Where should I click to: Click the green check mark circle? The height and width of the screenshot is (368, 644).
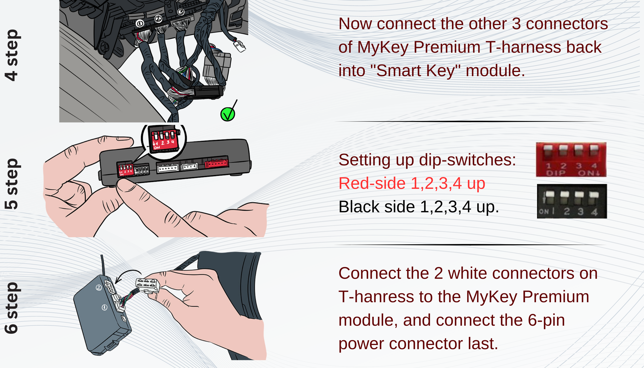coord(227,115)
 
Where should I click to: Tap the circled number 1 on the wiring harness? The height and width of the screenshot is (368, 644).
coord(140,23)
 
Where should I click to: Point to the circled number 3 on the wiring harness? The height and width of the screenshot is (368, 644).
coord(181,12)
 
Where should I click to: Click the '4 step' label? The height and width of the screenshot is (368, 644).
coord(11,55)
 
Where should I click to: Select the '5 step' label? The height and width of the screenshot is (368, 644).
coord(11,184)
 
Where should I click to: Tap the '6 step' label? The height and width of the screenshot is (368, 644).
coord(11,308)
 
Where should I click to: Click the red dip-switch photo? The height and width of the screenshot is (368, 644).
coord(571,159)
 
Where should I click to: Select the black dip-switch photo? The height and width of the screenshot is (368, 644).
coord(572,201)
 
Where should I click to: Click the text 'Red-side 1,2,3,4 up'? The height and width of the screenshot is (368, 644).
coord(412,183)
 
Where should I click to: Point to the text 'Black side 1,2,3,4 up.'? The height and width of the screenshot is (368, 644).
coord(419,207)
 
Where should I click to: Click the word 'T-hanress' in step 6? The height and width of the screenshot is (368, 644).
coord(376,296)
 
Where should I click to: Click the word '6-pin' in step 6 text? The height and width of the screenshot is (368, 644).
coord(546,320)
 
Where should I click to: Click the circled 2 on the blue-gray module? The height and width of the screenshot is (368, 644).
coord(99,287)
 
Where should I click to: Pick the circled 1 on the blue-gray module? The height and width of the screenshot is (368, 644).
coord(104,307)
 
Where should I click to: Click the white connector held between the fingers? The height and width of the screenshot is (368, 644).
coord(148,285)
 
